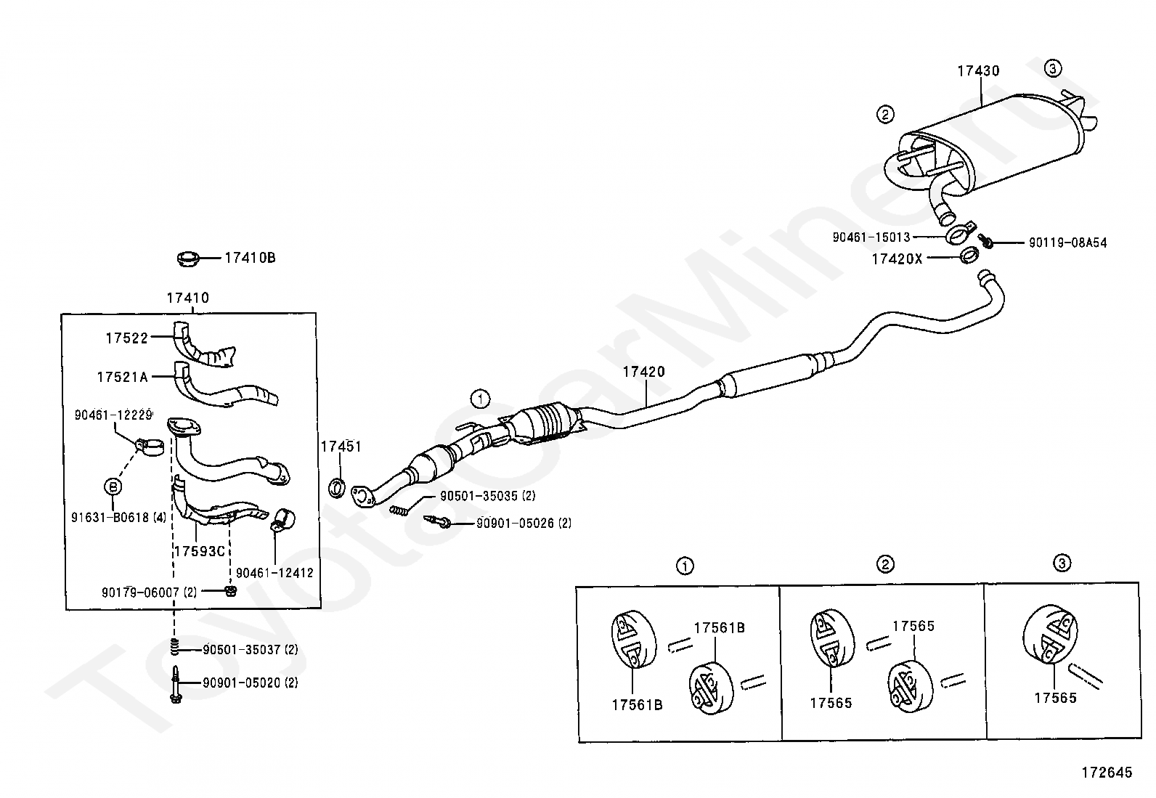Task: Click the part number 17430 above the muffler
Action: (977, 71)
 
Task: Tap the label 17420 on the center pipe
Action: (643, 372)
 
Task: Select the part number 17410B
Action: (250, 258)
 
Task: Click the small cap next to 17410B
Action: (189, 258)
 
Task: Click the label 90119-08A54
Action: (1067, 243)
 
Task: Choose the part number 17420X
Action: (897, 258)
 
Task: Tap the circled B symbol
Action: (113, 486)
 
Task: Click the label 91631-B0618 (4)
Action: (119, 518)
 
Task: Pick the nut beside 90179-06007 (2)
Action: (231, 591)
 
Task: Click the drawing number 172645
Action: (1106, 773)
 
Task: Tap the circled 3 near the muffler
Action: (1053, 69)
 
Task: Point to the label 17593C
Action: (199, 551)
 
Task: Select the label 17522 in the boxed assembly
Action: (126, 338)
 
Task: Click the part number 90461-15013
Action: (871, 237)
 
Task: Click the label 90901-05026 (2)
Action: (524, 523)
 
